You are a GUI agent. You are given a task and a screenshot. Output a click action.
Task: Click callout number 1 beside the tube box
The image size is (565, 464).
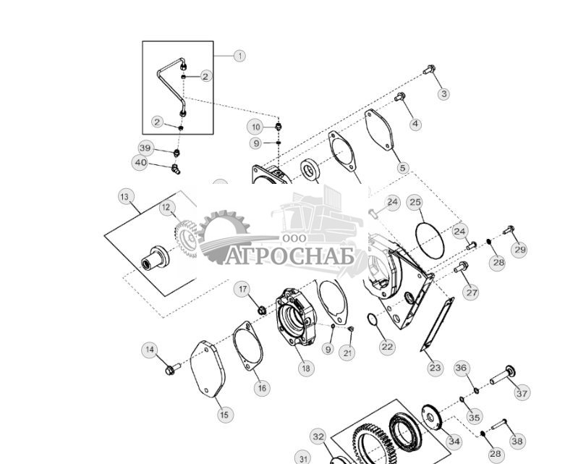[239, 55]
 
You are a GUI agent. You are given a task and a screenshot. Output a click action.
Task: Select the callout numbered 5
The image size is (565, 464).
[403, 168]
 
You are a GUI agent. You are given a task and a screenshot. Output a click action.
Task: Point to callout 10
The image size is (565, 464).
[255, 127]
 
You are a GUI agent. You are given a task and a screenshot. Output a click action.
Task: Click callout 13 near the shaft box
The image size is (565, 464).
[126, 197]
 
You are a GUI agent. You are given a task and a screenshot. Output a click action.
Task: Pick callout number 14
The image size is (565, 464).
[150, 350]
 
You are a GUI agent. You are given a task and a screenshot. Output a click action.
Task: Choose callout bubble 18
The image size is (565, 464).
[306, 368]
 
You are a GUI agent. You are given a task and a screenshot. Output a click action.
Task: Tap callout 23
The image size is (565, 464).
[435, 368]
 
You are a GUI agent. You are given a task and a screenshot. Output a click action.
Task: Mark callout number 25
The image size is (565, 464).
[415, 202]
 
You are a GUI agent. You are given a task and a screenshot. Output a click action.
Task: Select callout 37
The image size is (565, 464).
[522, 393]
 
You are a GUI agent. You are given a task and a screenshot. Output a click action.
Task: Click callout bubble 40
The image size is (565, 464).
[140, 163]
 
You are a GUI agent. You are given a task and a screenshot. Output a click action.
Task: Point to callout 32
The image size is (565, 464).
[319, 436]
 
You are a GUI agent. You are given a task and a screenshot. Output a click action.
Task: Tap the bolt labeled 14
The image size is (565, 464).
[172, 370]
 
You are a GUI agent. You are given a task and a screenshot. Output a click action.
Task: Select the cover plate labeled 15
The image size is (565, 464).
[207, 369]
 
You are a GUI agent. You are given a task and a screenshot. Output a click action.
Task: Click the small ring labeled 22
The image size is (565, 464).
[372, 321]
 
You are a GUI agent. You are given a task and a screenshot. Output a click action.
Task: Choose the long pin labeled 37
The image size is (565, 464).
[501, 376]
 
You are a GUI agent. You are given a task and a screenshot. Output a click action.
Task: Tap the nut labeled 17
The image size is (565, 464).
[262, 311]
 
